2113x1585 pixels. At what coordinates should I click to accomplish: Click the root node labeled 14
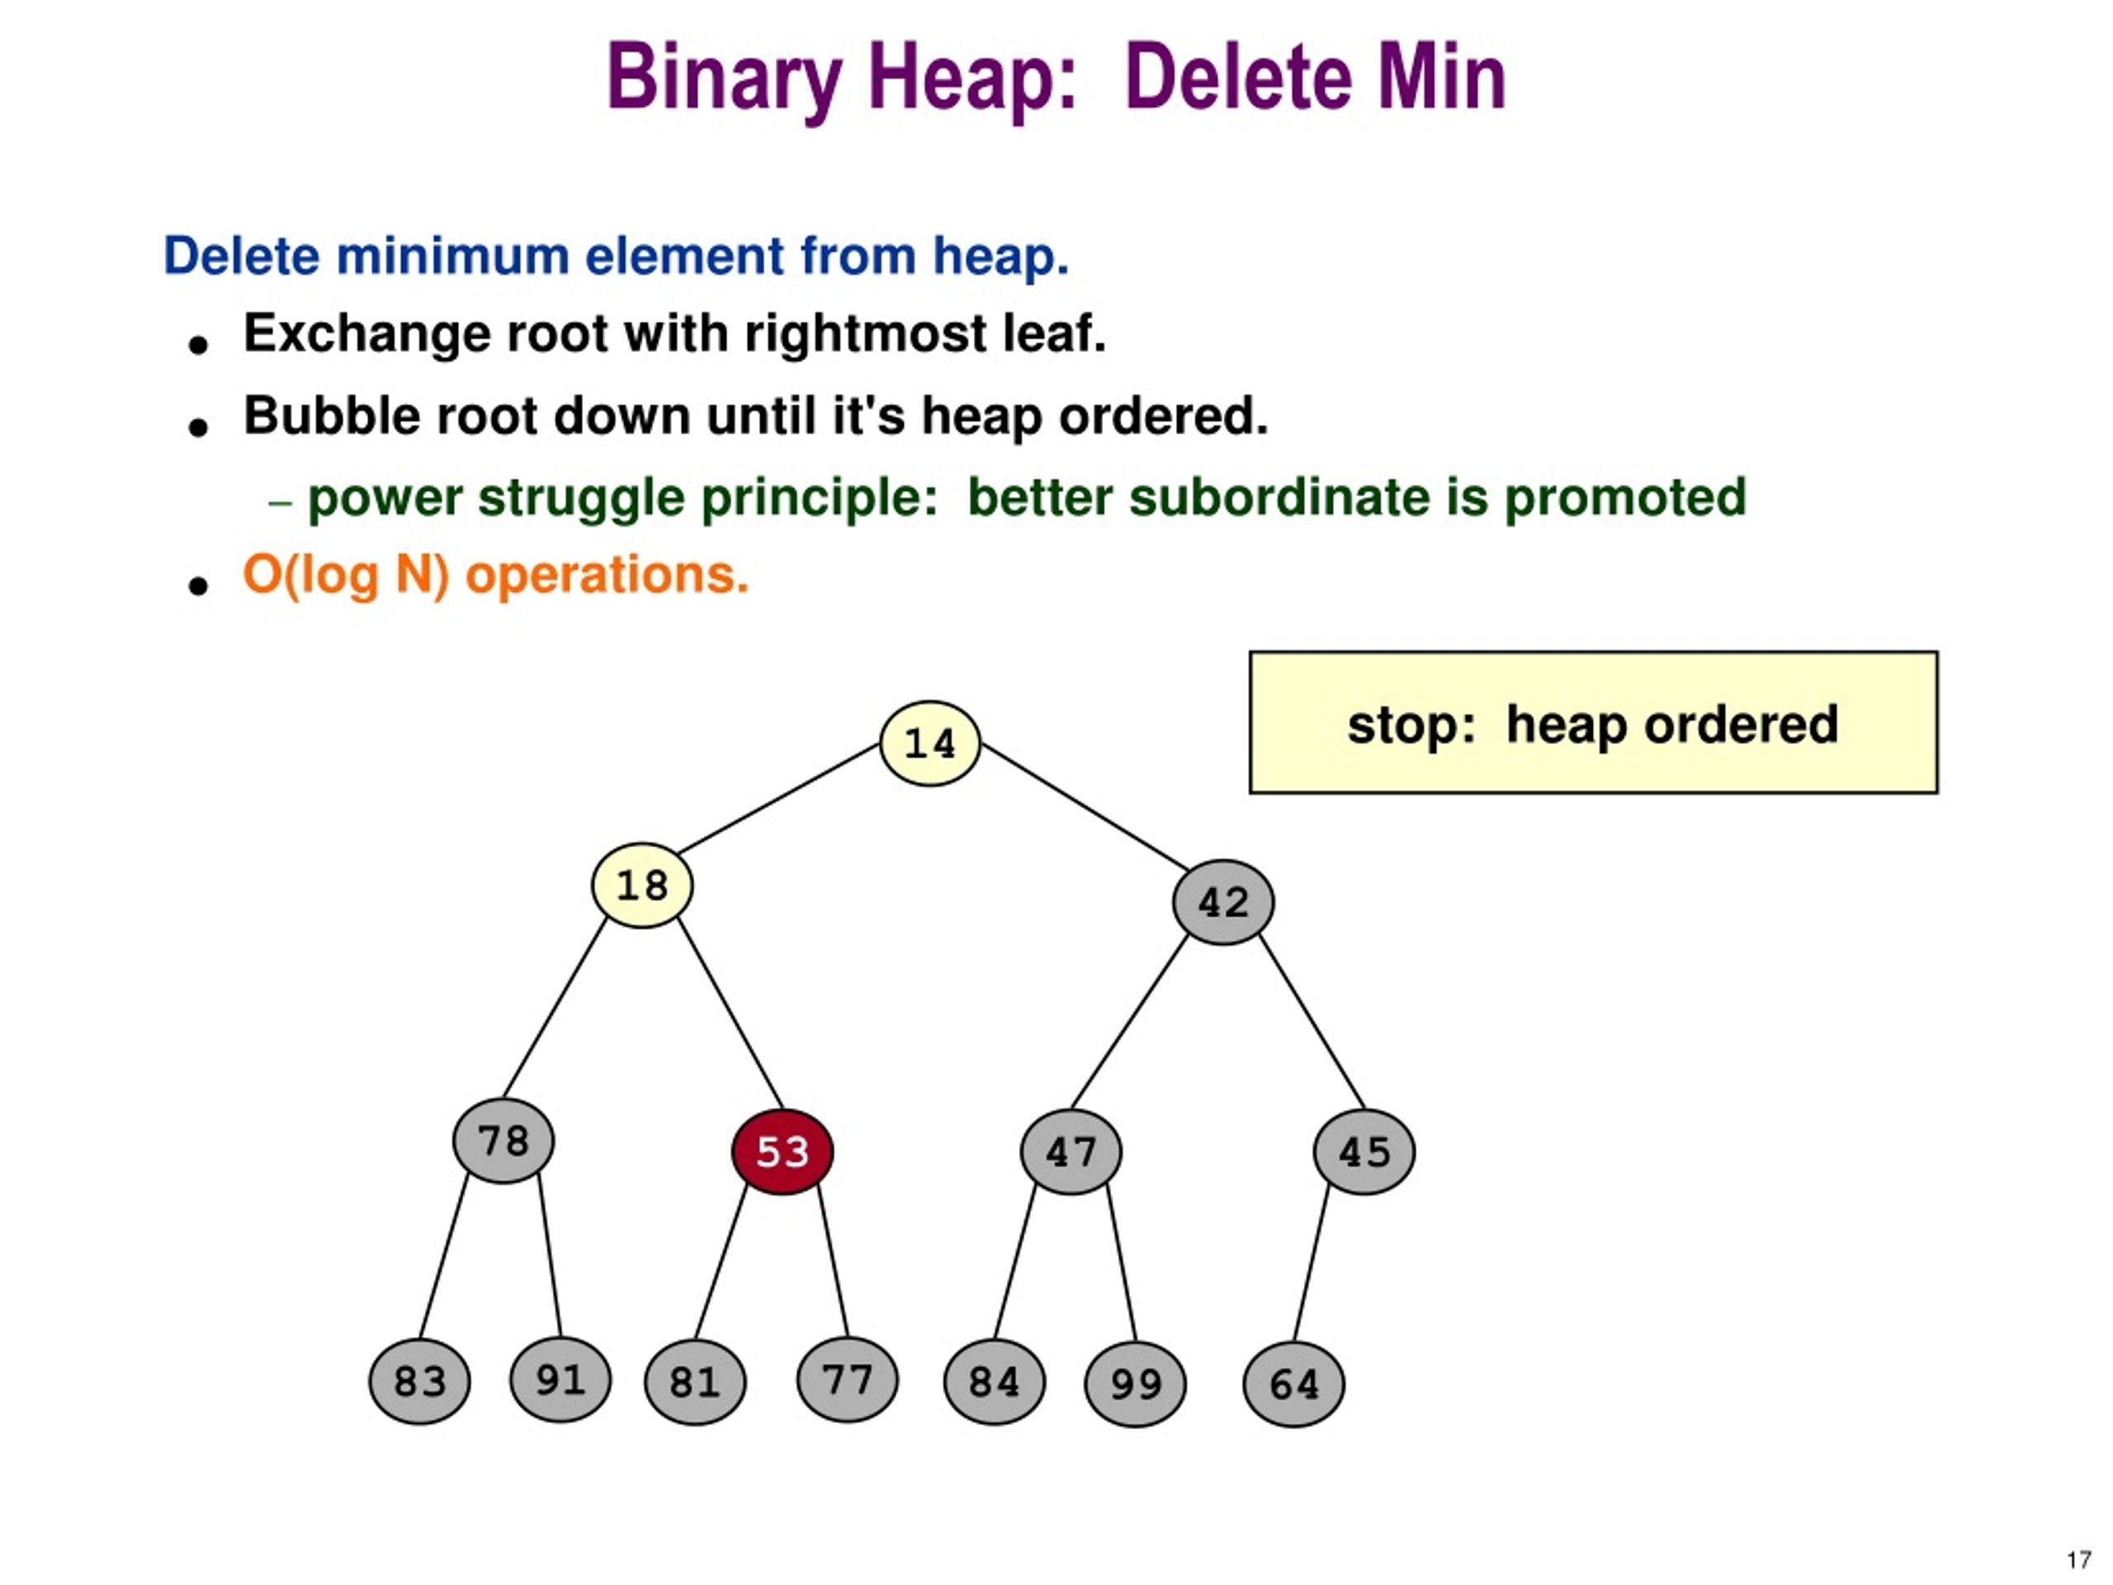[929, 743]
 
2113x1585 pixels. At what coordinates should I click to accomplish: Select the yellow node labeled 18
[642, 885]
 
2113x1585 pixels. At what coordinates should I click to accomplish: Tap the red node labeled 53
[782, 1152]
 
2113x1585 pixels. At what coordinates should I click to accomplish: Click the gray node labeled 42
[1222, 902]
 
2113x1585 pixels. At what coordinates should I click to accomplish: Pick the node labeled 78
[503, 1141]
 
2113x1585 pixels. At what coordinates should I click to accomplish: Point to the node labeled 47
[1071, 1152]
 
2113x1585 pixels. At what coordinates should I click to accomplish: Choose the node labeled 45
[1364, 1152]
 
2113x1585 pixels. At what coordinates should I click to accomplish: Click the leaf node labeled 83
[419, 1381]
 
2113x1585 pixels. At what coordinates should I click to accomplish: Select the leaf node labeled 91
[560, 1379]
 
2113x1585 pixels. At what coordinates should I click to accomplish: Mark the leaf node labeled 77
[848, 1379]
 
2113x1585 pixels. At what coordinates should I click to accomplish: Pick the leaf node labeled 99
[1136, 1384]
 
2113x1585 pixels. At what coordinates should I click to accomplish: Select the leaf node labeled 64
[1293, 1384]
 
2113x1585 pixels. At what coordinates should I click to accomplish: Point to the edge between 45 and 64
[1312, 1262]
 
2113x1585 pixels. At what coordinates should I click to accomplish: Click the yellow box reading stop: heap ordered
[1593, 723]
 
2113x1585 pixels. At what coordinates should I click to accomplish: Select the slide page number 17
[2078, 1560]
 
